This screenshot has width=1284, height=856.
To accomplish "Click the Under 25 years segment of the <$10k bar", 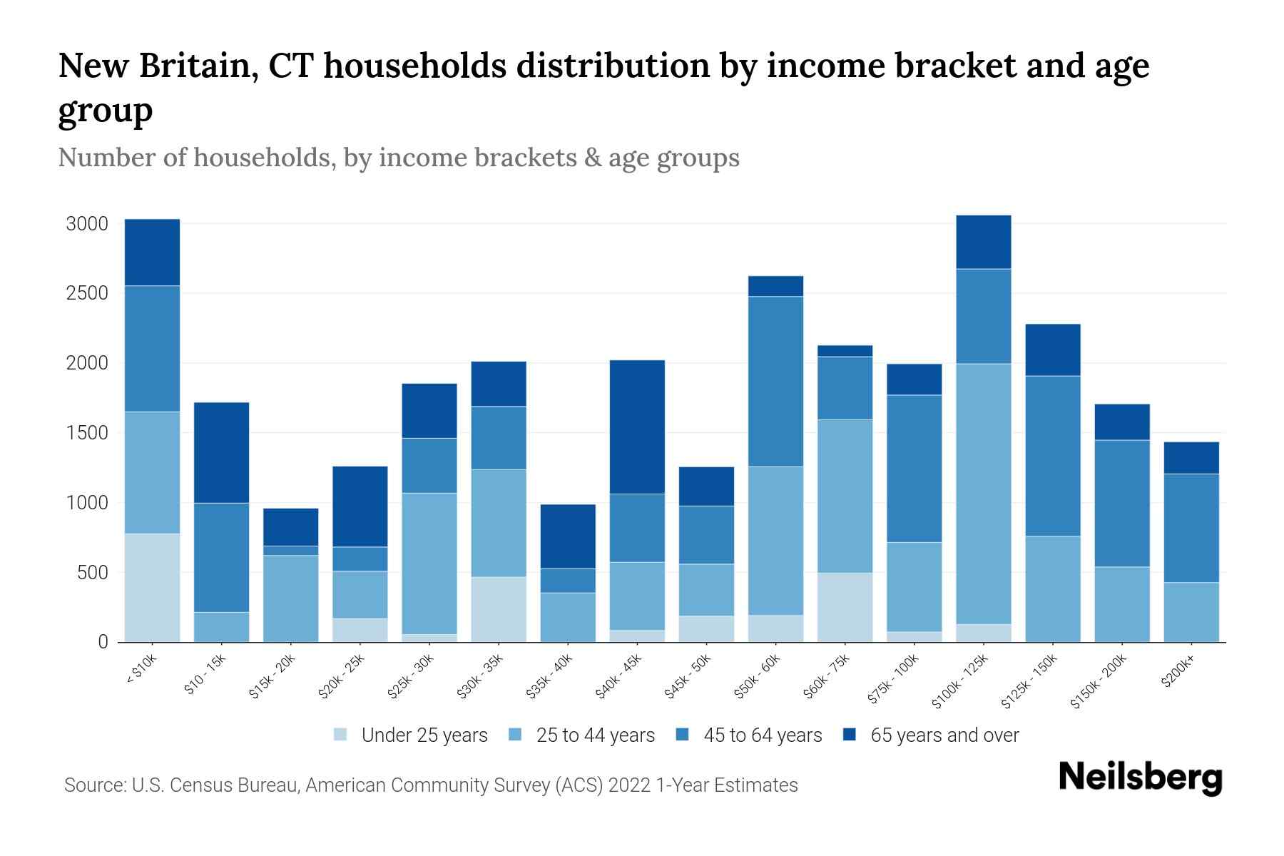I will [152, 587].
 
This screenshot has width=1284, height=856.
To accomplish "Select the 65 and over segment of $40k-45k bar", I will [637, 427].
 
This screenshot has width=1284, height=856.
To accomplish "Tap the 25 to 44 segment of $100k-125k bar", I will [984, 494].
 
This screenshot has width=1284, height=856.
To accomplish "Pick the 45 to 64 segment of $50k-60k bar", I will [775, 381].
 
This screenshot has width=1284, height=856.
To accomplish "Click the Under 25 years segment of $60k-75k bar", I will [845, 606].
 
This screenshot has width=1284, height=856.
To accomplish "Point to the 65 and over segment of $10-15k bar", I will [221, 452].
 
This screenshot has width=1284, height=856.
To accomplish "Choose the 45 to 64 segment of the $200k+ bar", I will [1191, 528].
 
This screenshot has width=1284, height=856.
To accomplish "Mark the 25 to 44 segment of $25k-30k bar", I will [429, 563].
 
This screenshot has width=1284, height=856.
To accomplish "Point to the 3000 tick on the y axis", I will [86, 224].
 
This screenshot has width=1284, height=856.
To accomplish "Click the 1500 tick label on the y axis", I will [86, 434].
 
